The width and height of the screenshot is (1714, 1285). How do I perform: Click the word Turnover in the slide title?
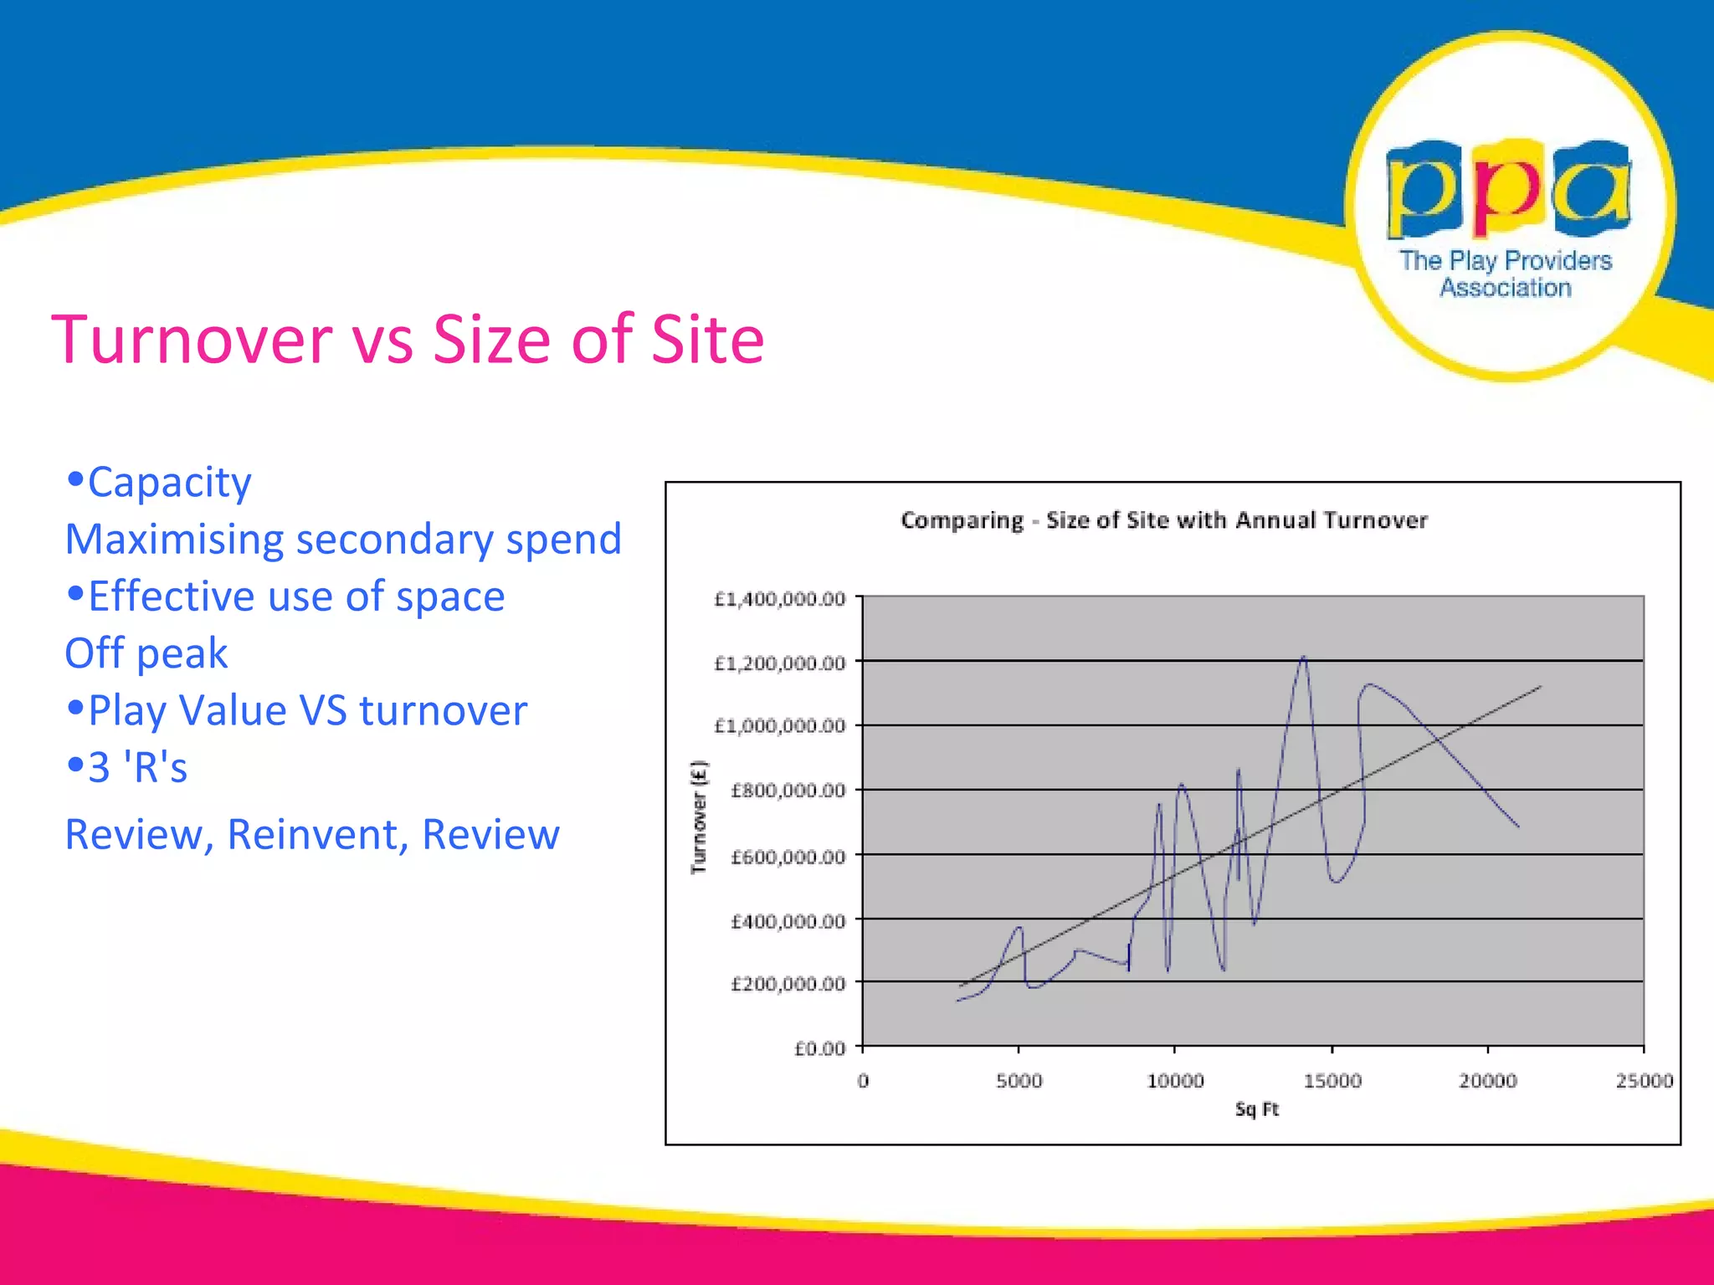[x=192, y=340]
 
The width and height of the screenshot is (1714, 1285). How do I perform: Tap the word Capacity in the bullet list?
[x=169, y=483]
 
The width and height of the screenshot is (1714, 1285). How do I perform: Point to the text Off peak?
[x=146, y=653]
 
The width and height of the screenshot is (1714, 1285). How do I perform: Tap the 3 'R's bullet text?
[x=138, y=767]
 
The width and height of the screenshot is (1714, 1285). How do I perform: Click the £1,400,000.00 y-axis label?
[x=779, y=599]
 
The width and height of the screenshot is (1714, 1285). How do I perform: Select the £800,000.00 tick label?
[x=788, y=791]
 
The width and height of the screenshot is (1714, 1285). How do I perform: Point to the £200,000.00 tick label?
[x=788, y=984]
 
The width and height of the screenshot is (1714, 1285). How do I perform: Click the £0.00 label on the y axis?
[x=819, y=1048]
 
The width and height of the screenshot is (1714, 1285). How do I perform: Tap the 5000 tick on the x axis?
[x=1019, y=1081]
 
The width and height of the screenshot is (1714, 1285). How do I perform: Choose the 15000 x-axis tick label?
[x=1332, y=1081]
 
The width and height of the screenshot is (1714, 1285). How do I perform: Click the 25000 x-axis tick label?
[x=1644, y=1081]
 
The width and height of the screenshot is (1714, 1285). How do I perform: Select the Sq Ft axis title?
[x=1257, y=1109]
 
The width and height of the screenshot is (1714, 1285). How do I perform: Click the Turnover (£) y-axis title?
[x=699, y=817]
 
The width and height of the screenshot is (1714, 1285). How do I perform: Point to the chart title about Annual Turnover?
[x=1164, y=520]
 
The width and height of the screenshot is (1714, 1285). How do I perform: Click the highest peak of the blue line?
[x=1303, y=658]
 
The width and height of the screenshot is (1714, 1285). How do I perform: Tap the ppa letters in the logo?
[x=1508, y=189]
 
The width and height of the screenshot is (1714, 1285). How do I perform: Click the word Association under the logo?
[x=1506, y=288]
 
